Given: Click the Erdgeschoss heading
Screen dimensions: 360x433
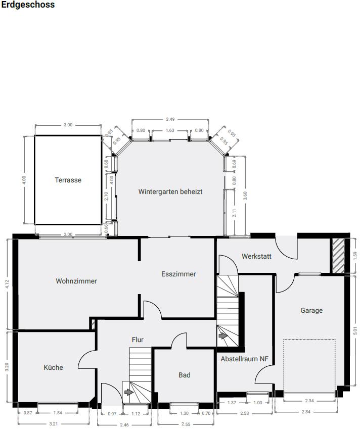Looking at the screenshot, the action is coord(28,5).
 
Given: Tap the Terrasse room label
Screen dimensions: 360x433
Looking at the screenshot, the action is coord(68,180).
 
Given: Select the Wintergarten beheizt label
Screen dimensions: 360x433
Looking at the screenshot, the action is coord(170,191).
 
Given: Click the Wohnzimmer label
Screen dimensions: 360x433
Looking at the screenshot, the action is coord(76,281).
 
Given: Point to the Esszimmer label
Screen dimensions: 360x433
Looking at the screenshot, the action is coord(178,274).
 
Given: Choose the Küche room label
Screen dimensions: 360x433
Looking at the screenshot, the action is coord(53,367).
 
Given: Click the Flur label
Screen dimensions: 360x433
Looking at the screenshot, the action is coord(138,340).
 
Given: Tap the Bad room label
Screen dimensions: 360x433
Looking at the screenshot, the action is coord(184,375).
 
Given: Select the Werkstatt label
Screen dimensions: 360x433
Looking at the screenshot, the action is coord(256,256).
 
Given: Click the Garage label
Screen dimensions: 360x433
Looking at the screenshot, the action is coord(311,310).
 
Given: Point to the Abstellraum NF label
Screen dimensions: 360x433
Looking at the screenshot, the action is coord(245,359).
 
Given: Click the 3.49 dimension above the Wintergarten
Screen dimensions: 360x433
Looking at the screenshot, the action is coord(170,119).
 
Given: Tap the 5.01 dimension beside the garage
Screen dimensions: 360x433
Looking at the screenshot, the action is coord(355,331).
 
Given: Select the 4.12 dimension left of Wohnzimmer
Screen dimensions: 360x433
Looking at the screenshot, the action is coord(7,284).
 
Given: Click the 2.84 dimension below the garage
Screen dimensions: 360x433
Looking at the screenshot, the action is coord(306,412).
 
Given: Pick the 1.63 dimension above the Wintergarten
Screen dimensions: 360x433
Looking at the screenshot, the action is coord(170,130).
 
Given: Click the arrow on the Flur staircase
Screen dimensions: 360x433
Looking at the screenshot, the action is coord(129,392).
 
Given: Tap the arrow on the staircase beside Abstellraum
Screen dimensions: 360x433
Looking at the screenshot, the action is coord(223,336).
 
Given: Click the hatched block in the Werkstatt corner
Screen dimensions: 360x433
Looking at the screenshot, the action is coord(338,256).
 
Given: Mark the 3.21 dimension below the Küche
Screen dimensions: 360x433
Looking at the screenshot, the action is coord(53,424).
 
